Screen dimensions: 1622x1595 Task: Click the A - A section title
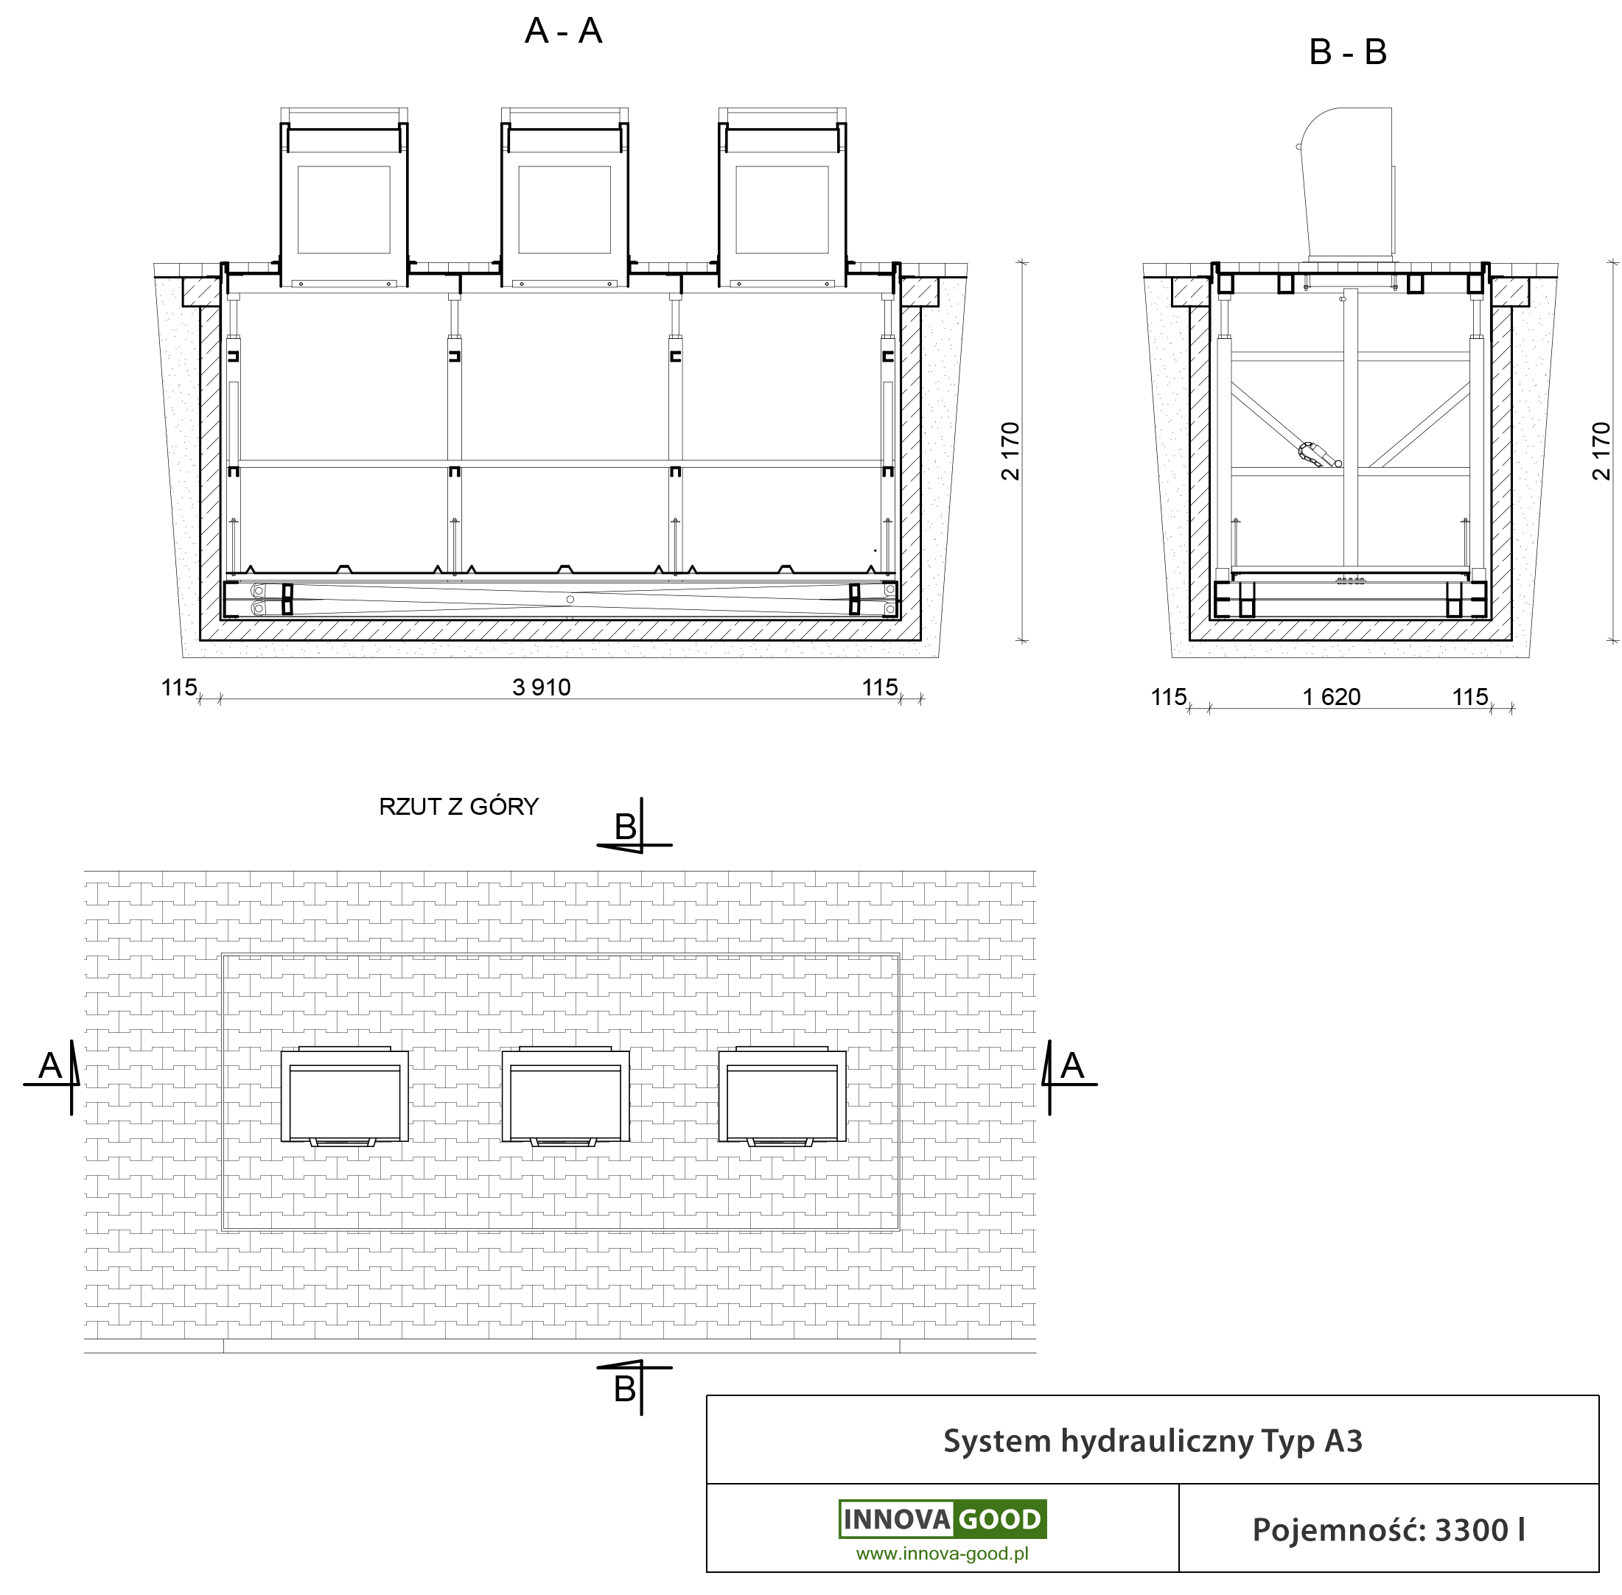tap(563, 31)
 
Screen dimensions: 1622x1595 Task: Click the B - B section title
tap(1347, 52)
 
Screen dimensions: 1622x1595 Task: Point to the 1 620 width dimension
tap(1332, 696)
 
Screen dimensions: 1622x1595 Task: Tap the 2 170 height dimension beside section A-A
tap(1010, 451)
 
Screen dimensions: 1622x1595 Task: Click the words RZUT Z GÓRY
tap(458, 806)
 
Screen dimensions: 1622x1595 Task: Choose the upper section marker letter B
tap(625, 827)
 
